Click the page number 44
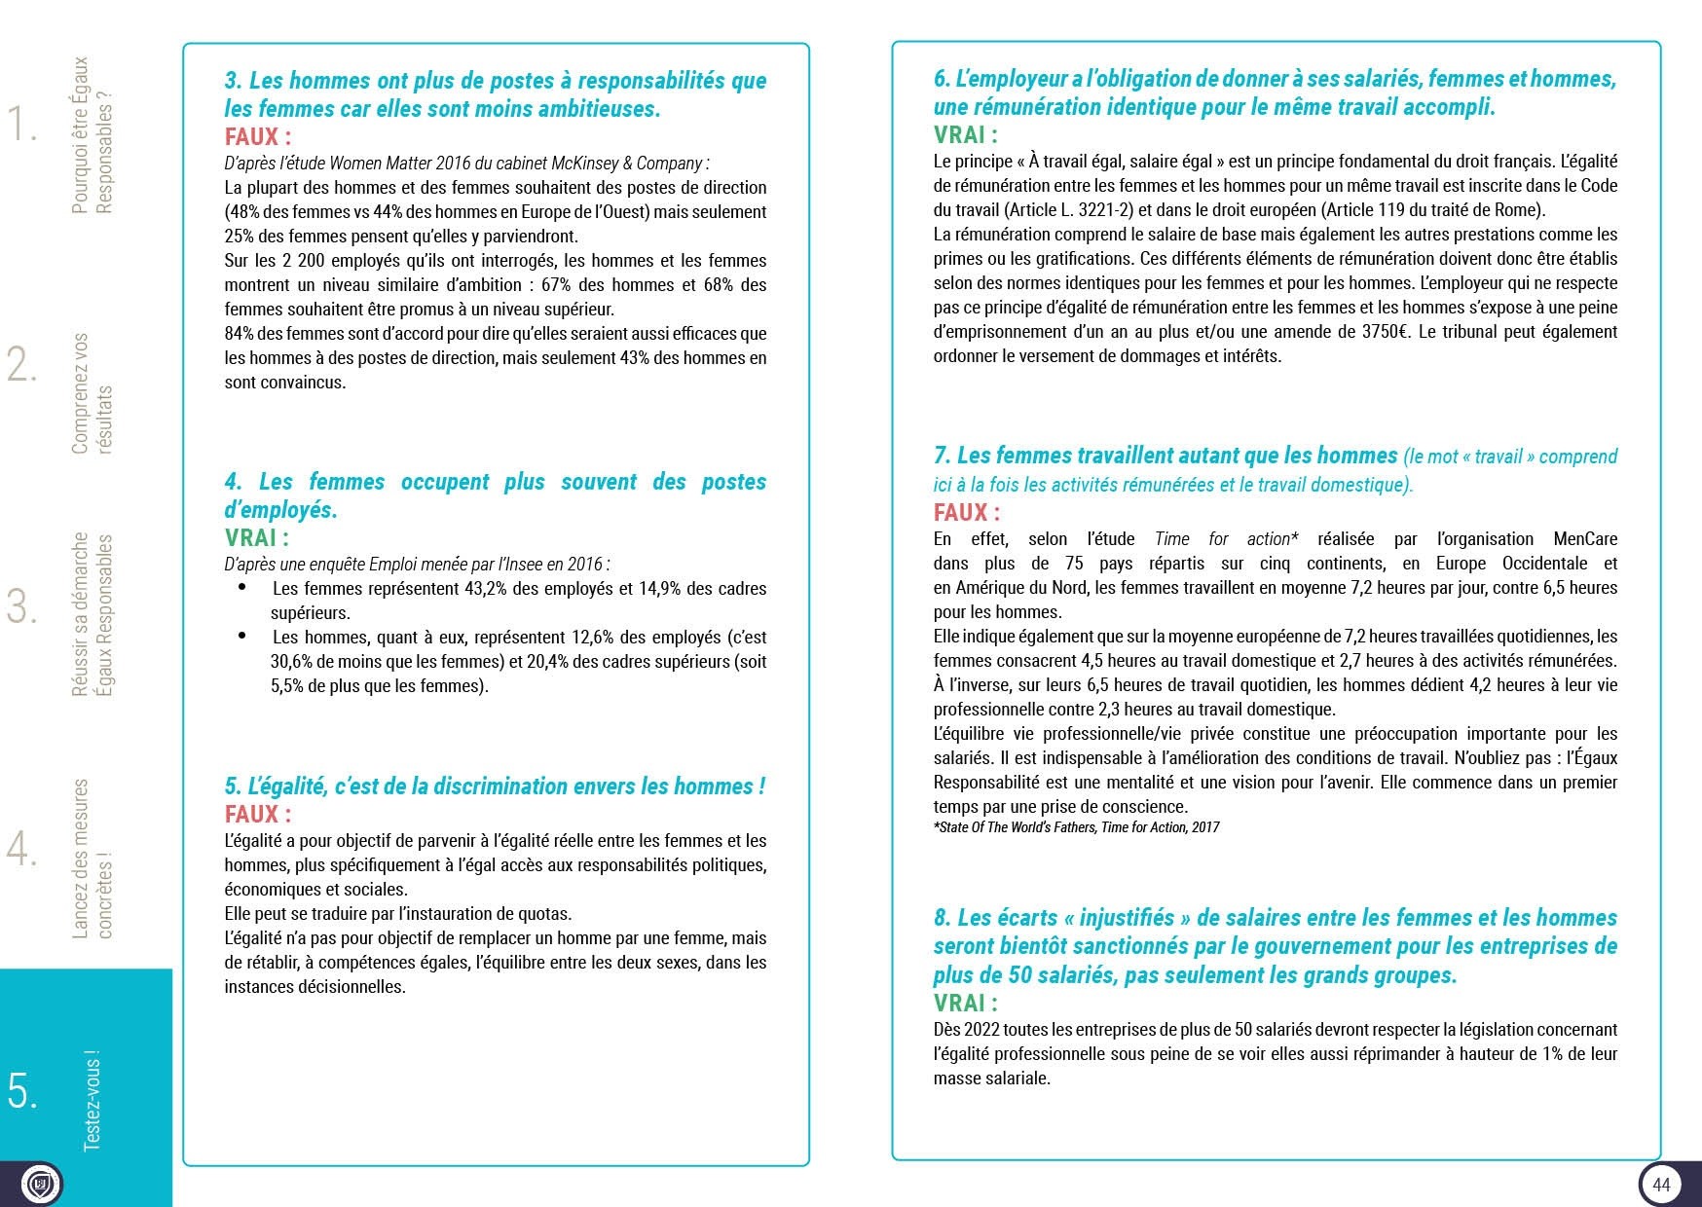pyautogui.click(x=1661, y=1184)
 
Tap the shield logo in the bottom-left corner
pyautogui.click(x=41, y=1184)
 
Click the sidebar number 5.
pyautogui.click(x=23, y=1091)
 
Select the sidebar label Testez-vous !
pyautogui.click(x=92, y=1100)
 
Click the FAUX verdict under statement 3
pyautogui.click(x=258, y=136)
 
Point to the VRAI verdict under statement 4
pyautogui.click(x=257, y=537)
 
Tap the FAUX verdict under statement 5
pyautogui.click(x=258, y=814)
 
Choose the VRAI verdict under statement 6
pyautogui.click(x=966, y=134)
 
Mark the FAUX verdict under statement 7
pyautogui.click(x=967, y=512)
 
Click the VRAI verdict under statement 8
pyautogui.click(x=966, y=1003)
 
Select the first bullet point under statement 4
pyautogui.click(x=242, y=588)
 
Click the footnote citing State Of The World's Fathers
pyautogui.click(x=1076, y=827)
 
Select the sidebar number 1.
pyautogui.click(x=22, y=125)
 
